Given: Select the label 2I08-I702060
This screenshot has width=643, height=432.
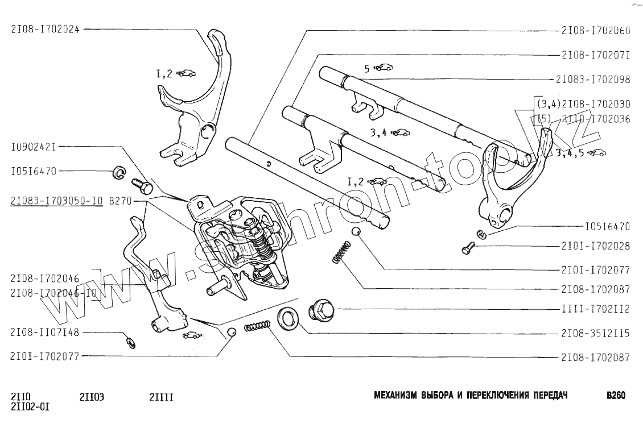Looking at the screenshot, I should pyautogui.click(x=596, y=31).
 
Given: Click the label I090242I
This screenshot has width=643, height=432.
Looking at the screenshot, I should pyautogui.click(x=33, y=147).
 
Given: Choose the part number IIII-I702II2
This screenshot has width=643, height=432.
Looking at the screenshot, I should pyautogui.click(x=596, y=309).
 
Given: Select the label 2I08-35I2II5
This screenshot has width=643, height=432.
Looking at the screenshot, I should pyautogui.click(x=596, y=334).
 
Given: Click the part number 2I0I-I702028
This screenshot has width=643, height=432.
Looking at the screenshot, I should pyautogui.click(x=596, y=246).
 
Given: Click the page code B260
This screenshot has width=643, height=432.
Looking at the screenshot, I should pyautogui.click(x=616, y=396).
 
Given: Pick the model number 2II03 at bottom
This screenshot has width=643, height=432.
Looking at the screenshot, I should pyautogui.click(x=92, y=397).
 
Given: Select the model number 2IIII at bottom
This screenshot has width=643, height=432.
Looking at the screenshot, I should pyautogui.click(x=161, y=397).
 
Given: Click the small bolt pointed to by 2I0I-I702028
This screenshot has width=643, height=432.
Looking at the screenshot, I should pyautogui.click(x=468, y=248).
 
